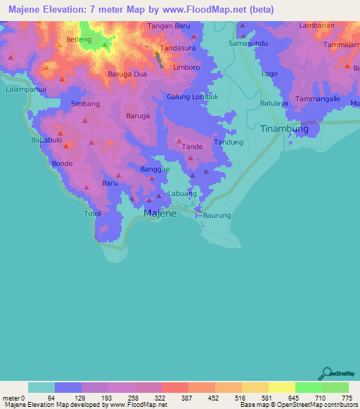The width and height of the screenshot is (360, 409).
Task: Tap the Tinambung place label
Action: tap(285, 129)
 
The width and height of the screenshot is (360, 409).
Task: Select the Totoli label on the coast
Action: tap(93, 214)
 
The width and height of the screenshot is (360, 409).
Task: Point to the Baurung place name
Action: tap(217, 215)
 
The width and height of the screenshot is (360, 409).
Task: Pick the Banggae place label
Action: tap(155, 169)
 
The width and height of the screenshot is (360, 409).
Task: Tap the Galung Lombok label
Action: tap(193, 97)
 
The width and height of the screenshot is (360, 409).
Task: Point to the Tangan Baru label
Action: tap(169, 26)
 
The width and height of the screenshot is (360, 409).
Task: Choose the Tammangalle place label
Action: tap(319, 99)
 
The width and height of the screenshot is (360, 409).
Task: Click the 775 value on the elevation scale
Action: tap(345, 398)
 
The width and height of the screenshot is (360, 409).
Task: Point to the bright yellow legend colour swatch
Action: tap(281, 387)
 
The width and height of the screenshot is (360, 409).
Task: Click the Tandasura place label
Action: tap(176, 48)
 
